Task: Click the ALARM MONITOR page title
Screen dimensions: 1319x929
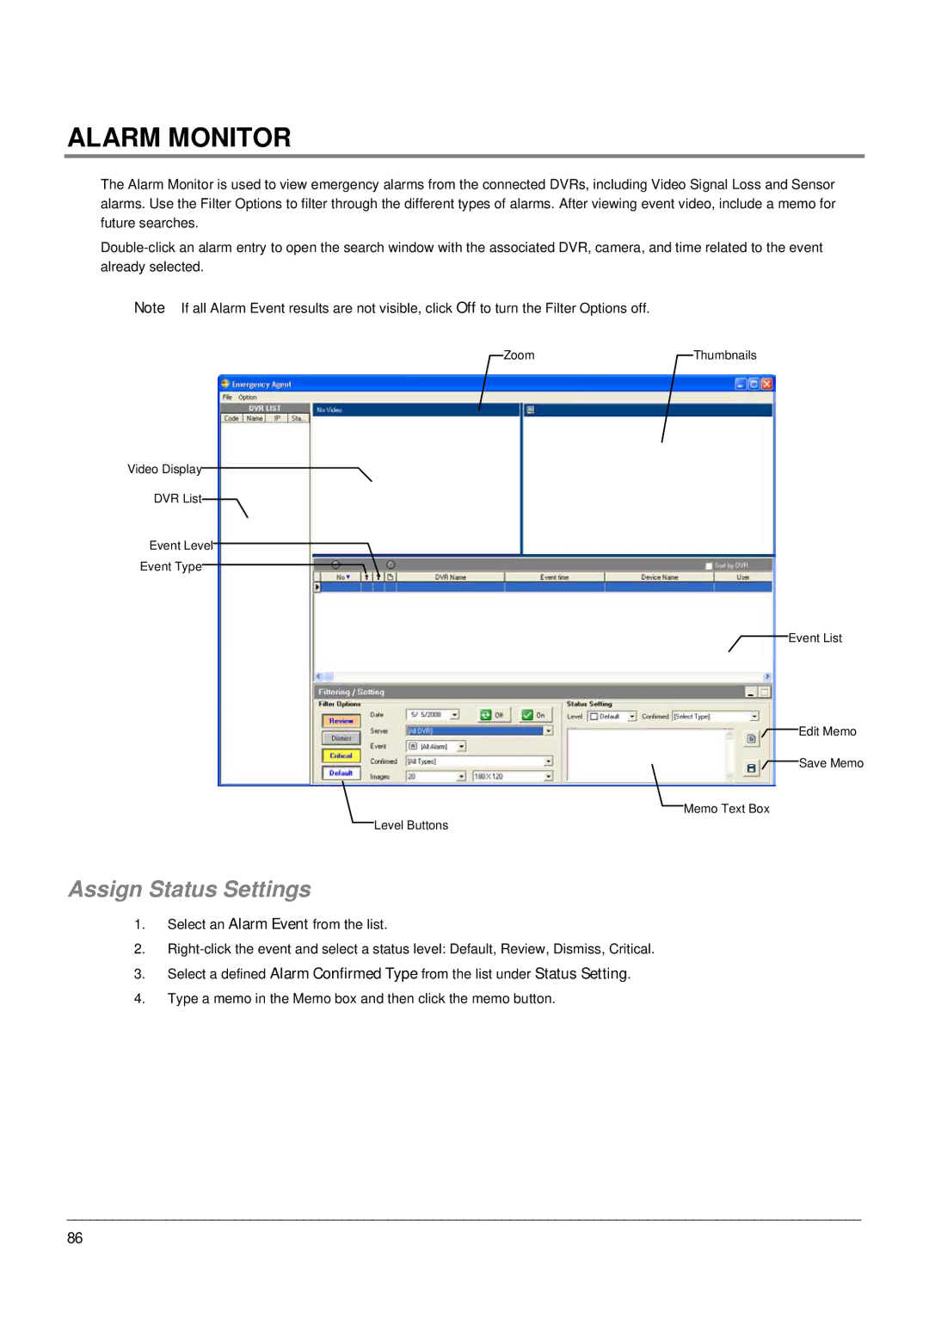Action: tap(179, 138)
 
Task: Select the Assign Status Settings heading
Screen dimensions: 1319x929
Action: tap(189, 889)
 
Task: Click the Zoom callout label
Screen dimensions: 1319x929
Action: tap(519, 355)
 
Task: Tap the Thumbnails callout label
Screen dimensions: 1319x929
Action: tap(724, 355)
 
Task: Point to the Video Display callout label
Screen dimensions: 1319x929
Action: tap(164, 469)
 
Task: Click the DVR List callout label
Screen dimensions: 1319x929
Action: tap(177, 498)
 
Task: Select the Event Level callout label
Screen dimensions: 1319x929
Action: tap(181, 545)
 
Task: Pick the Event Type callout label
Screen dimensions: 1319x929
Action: tap(170, 566)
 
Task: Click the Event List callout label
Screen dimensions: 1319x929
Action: tap(815, 638)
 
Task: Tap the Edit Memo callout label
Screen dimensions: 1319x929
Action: tap(827, 731)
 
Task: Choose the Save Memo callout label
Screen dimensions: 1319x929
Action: tap(830, 763)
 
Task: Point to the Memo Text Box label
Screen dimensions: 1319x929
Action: tap(726, 809)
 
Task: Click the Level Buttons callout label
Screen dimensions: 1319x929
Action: tap(410, 825)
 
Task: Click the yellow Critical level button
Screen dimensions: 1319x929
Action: tap(341, 755)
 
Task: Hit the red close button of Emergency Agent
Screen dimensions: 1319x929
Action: tap(766, 384)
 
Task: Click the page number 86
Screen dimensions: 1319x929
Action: tap(75, 1238)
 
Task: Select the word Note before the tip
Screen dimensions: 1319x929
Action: tap(149, 308)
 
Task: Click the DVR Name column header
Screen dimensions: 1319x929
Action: tap(450, 577)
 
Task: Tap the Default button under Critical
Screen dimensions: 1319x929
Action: tap(341, 773)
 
